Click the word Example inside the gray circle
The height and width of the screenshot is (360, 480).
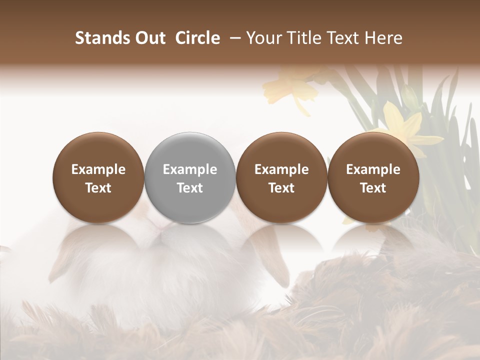pos(190,170)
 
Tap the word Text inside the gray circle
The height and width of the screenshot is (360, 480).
pos(190,188)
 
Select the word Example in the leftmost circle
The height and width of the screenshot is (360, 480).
pos(98,170)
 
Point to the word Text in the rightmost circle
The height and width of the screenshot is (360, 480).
pos(373,188)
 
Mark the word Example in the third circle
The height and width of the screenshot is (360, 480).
pos(281,170)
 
